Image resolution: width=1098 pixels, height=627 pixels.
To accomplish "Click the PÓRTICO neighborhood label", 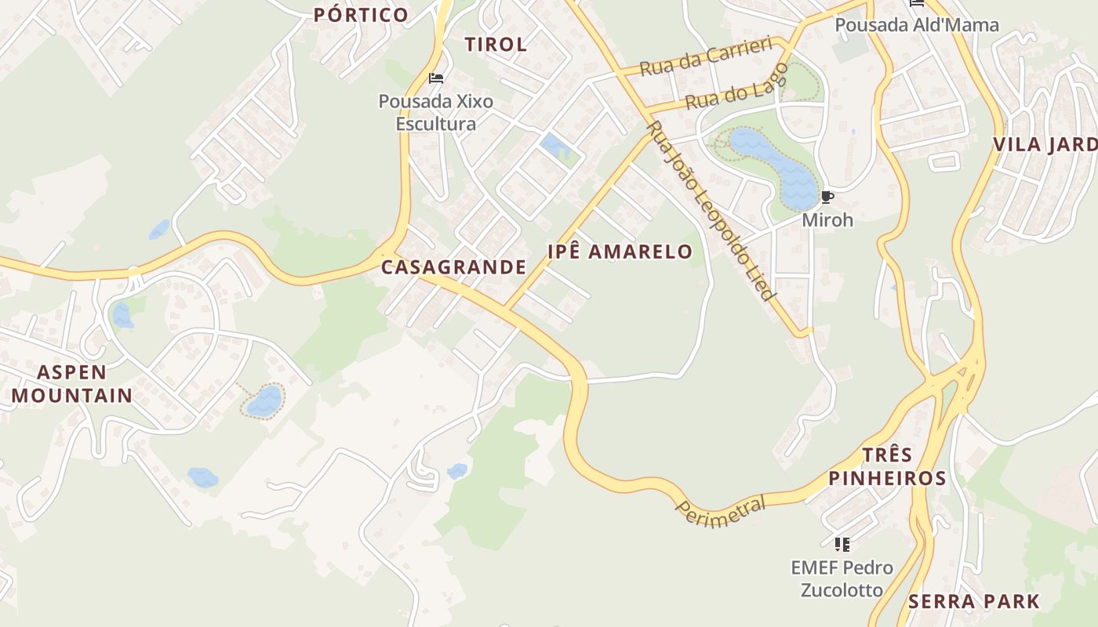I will (361, 14).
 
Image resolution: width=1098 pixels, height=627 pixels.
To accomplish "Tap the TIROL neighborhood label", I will (496, 44).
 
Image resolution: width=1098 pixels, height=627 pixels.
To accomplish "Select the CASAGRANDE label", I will (453, 267).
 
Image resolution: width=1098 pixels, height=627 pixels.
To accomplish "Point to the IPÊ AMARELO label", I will (620, 252).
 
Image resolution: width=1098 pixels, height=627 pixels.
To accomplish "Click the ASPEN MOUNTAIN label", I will (71, 383).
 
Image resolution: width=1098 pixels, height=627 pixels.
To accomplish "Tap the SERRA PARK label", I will (973, 602).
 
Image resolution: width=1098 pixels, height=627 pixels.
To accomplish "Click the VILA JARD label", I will (1045, 145).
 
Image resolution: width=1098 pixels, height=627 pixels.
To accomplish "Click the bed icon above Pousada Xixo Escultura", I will (436, 78).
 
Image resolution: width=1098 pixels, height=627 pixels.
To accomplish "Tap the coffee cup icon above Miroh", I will (827, 198).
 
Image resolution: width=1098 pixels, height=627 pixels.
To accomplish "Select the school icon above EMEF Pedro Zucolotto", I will (842, 544).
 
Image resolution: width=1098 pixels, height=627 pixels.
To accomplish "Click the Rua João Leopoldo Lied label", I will (711, 212).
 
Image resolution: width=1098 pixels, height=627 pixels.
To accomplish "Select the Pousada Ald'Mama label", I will (916, 25).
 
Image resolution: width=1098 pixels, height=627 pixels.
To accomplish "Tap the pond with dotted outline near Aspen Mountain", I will (264, 400).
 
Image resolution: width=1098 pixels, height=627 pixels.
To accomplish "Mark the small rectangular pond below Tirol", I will (555, 146).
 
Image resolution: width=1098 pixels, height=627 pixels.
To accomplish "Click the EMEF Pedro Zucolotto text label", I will (841, 578).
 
